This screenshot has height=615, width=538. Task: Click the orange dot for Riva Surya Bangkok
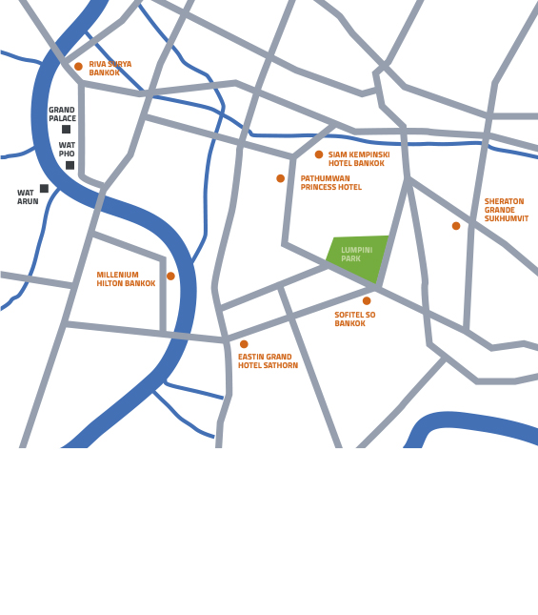click(78, 67)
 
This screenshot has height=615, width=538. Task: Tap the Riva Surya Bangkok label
click(110, 69)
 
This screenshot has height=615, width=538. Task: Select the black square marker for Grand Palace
click(66, 129)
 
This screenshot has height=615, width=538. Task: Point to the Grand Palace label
click(62, 114)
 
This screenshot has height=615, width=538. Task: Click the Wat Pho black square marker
click(70, 165)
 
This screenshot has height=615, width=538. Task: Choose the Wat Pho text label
click(67, 150)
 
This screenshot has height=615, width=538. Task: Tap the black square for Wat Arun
click(44, 188)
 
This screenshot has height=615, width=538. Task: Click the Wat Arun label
click(28, 197)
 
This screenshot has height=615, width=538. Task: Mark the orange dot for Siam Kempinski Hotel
click(319, 154)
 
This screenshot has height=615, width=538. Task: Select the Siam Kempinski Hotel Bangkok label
click(359, 159)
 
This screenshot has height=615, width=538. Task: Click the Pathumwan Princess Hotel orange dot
click(280, 178)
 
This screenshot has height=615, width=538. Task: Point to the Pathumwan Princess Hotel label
click(330, 183)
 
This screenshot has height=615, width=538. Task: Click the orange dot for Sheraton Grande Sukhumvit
click(456, 226)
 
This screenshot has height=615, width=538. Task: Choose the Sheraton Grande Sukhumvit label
click(506, 211)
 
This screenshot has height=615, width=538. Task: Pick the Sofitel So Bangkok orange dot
click(367, 300)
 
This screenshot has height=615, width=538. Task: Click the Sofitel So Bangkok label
click(354, 319)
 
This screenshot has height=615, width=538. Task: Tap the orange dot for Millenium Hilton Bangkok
click(170, 277)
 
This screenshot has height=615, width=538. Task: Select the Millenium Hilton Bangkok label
click(126, 279)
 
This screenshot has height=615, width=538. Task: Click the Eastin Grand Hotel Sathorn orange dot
click(244, 344)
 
